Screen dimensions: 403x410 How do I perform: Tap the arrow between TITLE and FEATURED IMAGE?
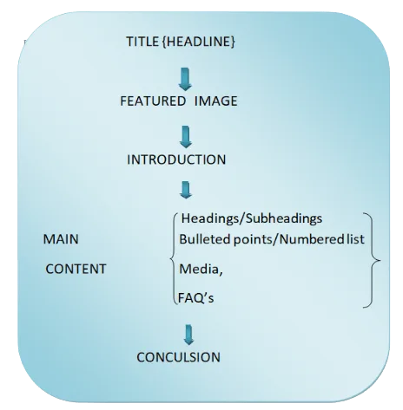[x=185, y=79]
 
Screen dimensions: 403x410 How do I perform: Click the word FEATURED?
[x=153, y=101]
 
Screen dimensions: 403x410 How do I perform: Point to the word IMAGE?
[x=216, y=101]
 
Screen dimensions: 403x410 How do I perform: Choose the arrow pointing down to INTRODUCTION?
[x=186, y=137]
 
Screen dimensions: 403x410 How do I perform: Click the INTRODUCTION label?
[x=176, y=159]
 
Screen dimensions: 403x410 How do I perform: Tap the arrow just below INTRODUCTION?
[x=186, y=190]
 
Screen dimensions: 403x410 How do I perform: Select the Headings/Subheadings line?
[x=252, y=218]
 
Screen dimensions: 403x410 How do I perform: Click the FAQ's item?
[x=196, y=298]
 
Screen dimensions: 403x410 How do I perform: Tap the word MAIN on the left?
[x=61, y=239]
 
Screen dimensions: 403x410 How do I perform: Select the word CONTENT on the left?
[x=76, y=269]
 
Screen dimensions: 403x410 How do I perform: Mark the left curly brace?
[x=173, y=258]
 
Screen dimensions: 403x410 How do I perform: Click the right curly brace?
[x=372, y=260]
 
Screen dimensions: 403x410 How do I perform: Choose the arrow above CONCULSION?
[x=188, y=335]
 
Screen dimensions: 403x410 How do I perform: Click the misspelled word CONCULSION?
[x=178, y=357]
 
